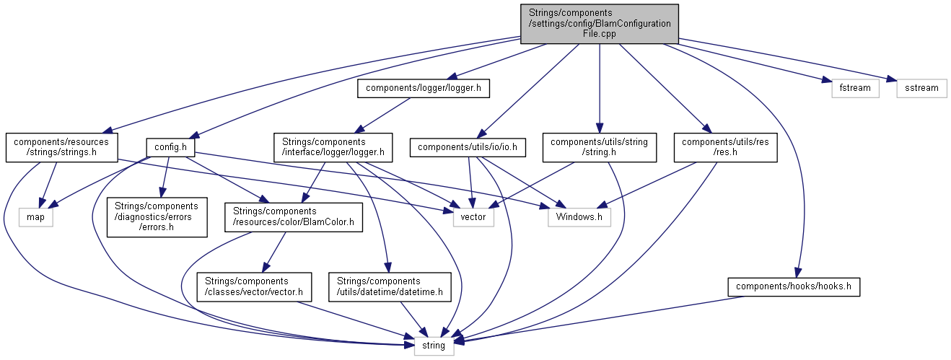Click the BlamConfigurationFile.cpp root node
pos(600,23)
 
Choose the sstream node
pos(921,88)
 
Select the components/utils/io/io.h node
pos(468,148)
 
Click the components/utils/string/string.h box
pos(599,147)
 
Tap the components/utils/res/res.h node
pos(724,147)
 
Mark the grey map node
pos(36,216)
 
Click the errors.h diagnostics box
pos(157,216)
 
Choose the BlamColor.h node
pos(295,216)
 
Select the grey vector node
pos(473,216)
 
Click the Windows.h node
pos(579,216)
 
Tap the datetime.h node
pos(390,286)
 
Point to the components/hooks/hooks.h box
pos(794,286)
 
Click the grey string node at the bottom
pos(434,346)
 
